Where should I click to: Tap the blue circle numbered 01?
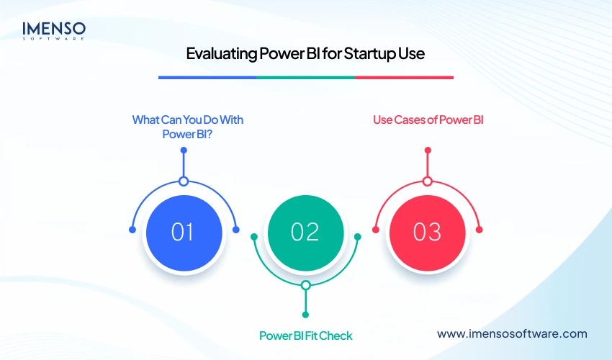[183, 232]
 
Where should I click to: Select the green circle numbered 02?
[305, 232]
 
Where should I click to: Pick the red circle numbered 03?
[427, 232]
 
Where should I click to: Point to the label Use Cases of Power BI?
[428, 120]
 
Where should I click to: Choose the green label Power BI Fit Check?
[305, 336]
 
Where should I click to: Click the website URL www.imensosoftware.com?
[512, 333]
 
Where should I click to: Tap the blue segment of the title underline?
[207, 77]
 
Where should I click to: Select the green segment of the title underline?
[305, 77]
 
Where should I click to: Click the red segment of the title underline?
[404, 77]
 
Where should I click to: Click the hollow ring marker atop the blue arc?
[184, 181]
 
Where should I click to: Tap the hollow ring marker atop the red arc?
[428, 181]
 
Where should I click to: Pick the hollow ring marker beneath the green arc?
[305, 285]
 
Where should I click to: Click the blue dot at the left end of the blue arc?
[132, 230]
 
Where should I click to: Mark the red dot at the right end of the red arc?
[480, 230]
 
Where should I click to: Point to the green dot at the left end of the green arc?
[253, 236]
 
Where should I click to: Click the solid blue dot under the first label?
[184, 150]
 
